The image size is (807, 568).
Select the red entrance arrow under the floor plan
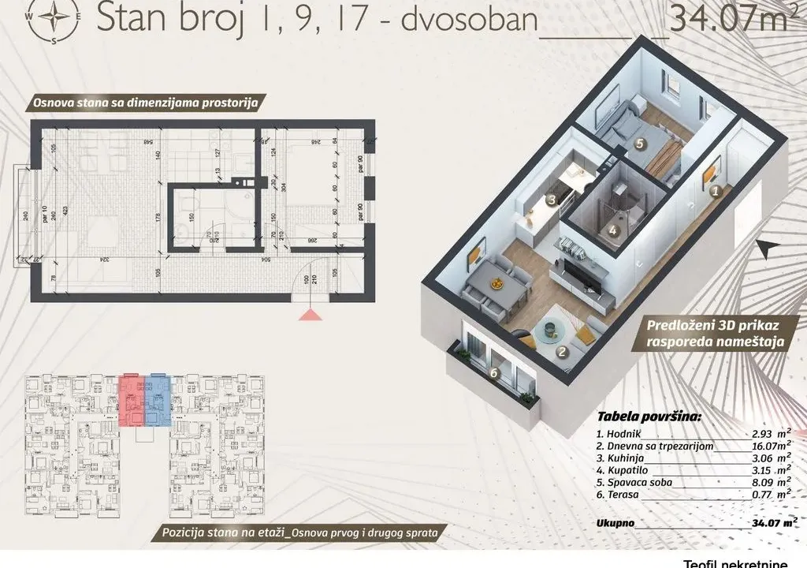point(310,316)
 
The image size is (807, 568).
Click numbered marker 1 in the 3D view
point(715,190)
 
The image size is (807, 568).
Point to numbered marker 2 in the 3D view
point(562,353)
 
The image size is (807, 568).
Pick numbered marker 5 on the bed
point(639,144)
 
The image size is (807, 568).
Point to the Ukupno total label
point(616,522)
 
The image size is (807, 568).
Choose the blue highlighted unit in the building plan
point(158,398)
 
